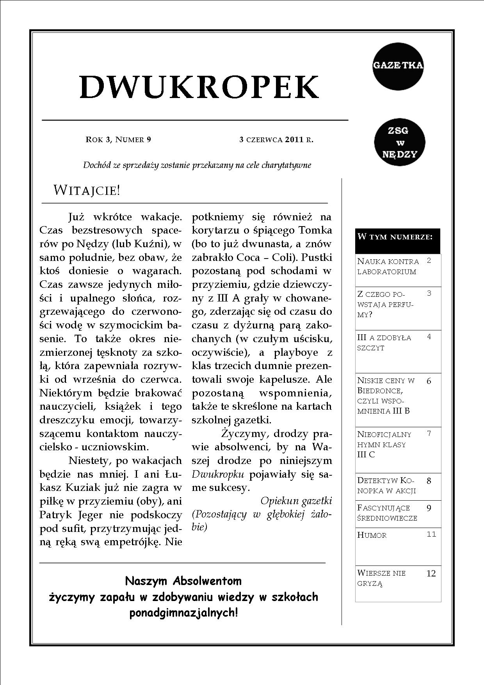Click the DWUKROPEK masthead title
click(199, 86)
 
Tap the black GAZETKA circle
click(398, 66)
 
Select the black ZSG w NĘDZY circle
click(399, 142)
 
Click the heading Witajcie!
click(87, 191)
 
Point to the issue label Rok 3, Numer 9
click(118, 139)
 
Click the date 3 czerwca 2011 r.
click(276, 139)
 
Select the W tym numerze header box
click(397, 241)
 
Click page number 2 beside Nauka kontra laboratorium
click(429, 260)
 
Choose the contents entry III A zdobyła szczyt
click(384, 342)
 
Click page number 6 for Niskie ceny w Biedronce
click(429, 381)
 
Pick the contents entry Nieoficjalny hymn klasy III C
click(384, 444)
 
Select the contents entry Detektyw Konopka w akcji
click(386, 485)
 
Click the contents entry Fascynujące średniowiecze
click(387, 513)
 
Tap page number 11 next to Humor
click(431, 534)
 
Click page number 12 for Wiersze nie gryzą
click(431, 573)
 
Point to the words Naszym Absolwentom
click(183, 581)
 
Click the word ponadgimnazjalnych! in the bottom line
click(183, 613)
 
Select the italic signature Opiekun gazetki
click(296, 501)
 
